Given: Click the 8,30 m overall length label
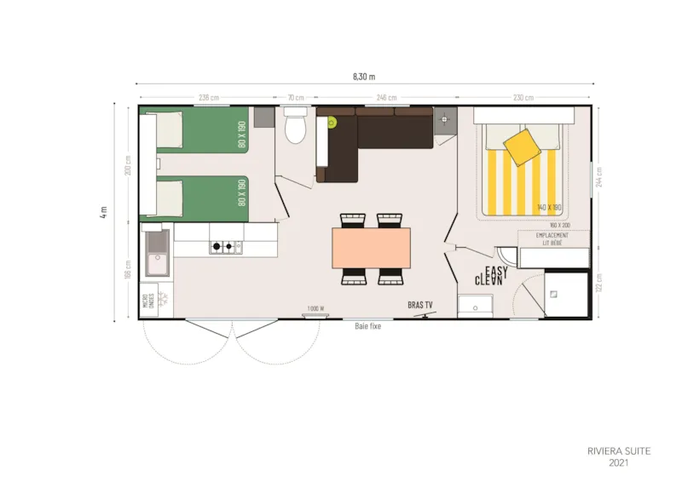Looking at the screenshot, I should click(363, 76).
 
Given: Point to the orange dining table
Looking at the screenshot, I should click(371, 248).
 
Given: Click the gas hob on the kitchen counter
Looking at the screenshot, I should click(226, 247).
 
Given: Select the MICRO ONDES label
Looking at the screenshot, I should click(147, 301).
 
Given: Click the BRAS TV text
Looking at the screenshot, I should click(420, 304).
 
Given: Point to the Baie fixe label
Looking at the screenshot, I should click(368, 325).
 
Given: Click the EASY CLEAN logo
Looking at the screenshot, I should click(492, 276).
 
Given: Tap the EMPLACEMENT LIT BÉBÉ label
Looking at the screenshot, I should click(552, 238).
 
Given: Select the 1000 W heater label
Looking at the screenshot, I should click(315, 308).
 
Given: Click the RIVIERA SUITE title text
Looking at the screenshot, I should click(619, 451).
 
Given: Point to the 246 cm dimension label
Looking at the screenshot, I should click(386, 97).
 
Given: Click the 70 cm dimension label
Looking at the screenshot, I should click(296, 97).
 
